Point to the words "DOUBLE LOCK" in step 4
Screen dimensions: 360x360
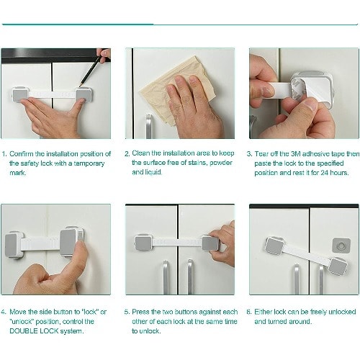[34, 331]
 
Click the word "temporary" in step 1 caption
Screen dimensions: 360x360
[89, 163]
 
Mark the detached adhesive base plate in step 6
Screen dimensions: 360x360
[341, 246]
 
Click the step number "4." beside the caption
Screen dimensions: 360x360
[4, 312]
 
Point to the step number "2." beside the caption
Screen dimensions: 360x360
[127, 153]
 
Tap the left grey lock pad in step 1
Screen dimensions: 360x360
[20, 95]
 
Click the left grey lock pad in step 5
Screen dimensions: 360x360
[143, 243]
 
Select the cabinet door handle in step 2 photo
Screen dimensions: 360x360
[149, 126]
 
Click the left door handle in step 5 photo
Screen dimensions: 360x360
[166, 277]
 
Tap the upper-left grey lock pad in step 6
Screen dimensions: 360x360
[274, 246]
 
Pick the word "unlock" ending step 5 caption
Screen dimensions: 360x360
[149, 331]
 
